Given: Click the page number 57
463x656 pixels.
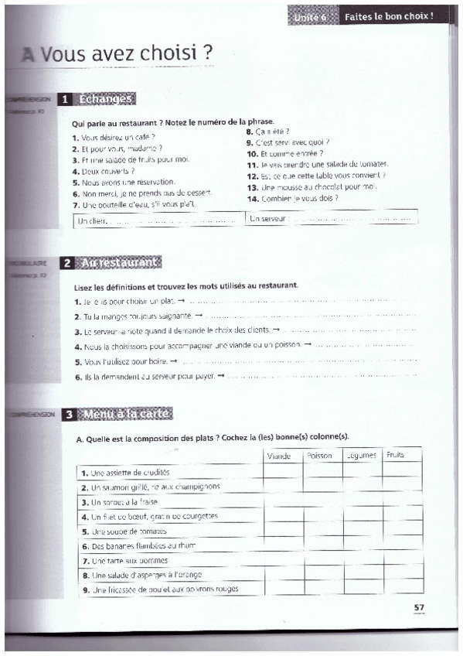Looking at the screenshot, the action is (419, 606).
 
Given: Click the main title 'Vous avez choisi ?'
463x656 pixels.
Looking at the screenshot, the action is (127, 54).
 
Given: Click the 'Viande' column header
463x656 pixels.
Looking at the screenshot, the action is (279, 456).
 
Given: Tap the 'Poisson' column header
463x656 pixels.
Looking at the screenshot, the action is (319, 456).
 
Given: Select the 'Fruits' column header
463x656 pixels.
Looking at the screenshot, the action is (395, 455).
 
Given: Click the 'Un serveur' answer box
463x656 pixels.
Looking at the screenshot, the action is (332, 219).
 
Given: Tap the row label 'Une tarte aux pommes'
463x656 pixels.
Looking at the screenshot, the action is (124, 561).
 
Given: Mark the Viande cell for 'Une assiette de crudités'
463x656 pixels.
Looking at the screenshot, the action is (281, 472).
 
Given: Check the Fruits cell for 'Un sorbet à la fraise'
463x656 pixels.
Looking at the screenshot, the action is (403, 501).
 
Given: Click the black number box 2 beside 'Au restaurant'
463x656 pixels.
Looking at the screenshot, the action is (68, 262).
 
